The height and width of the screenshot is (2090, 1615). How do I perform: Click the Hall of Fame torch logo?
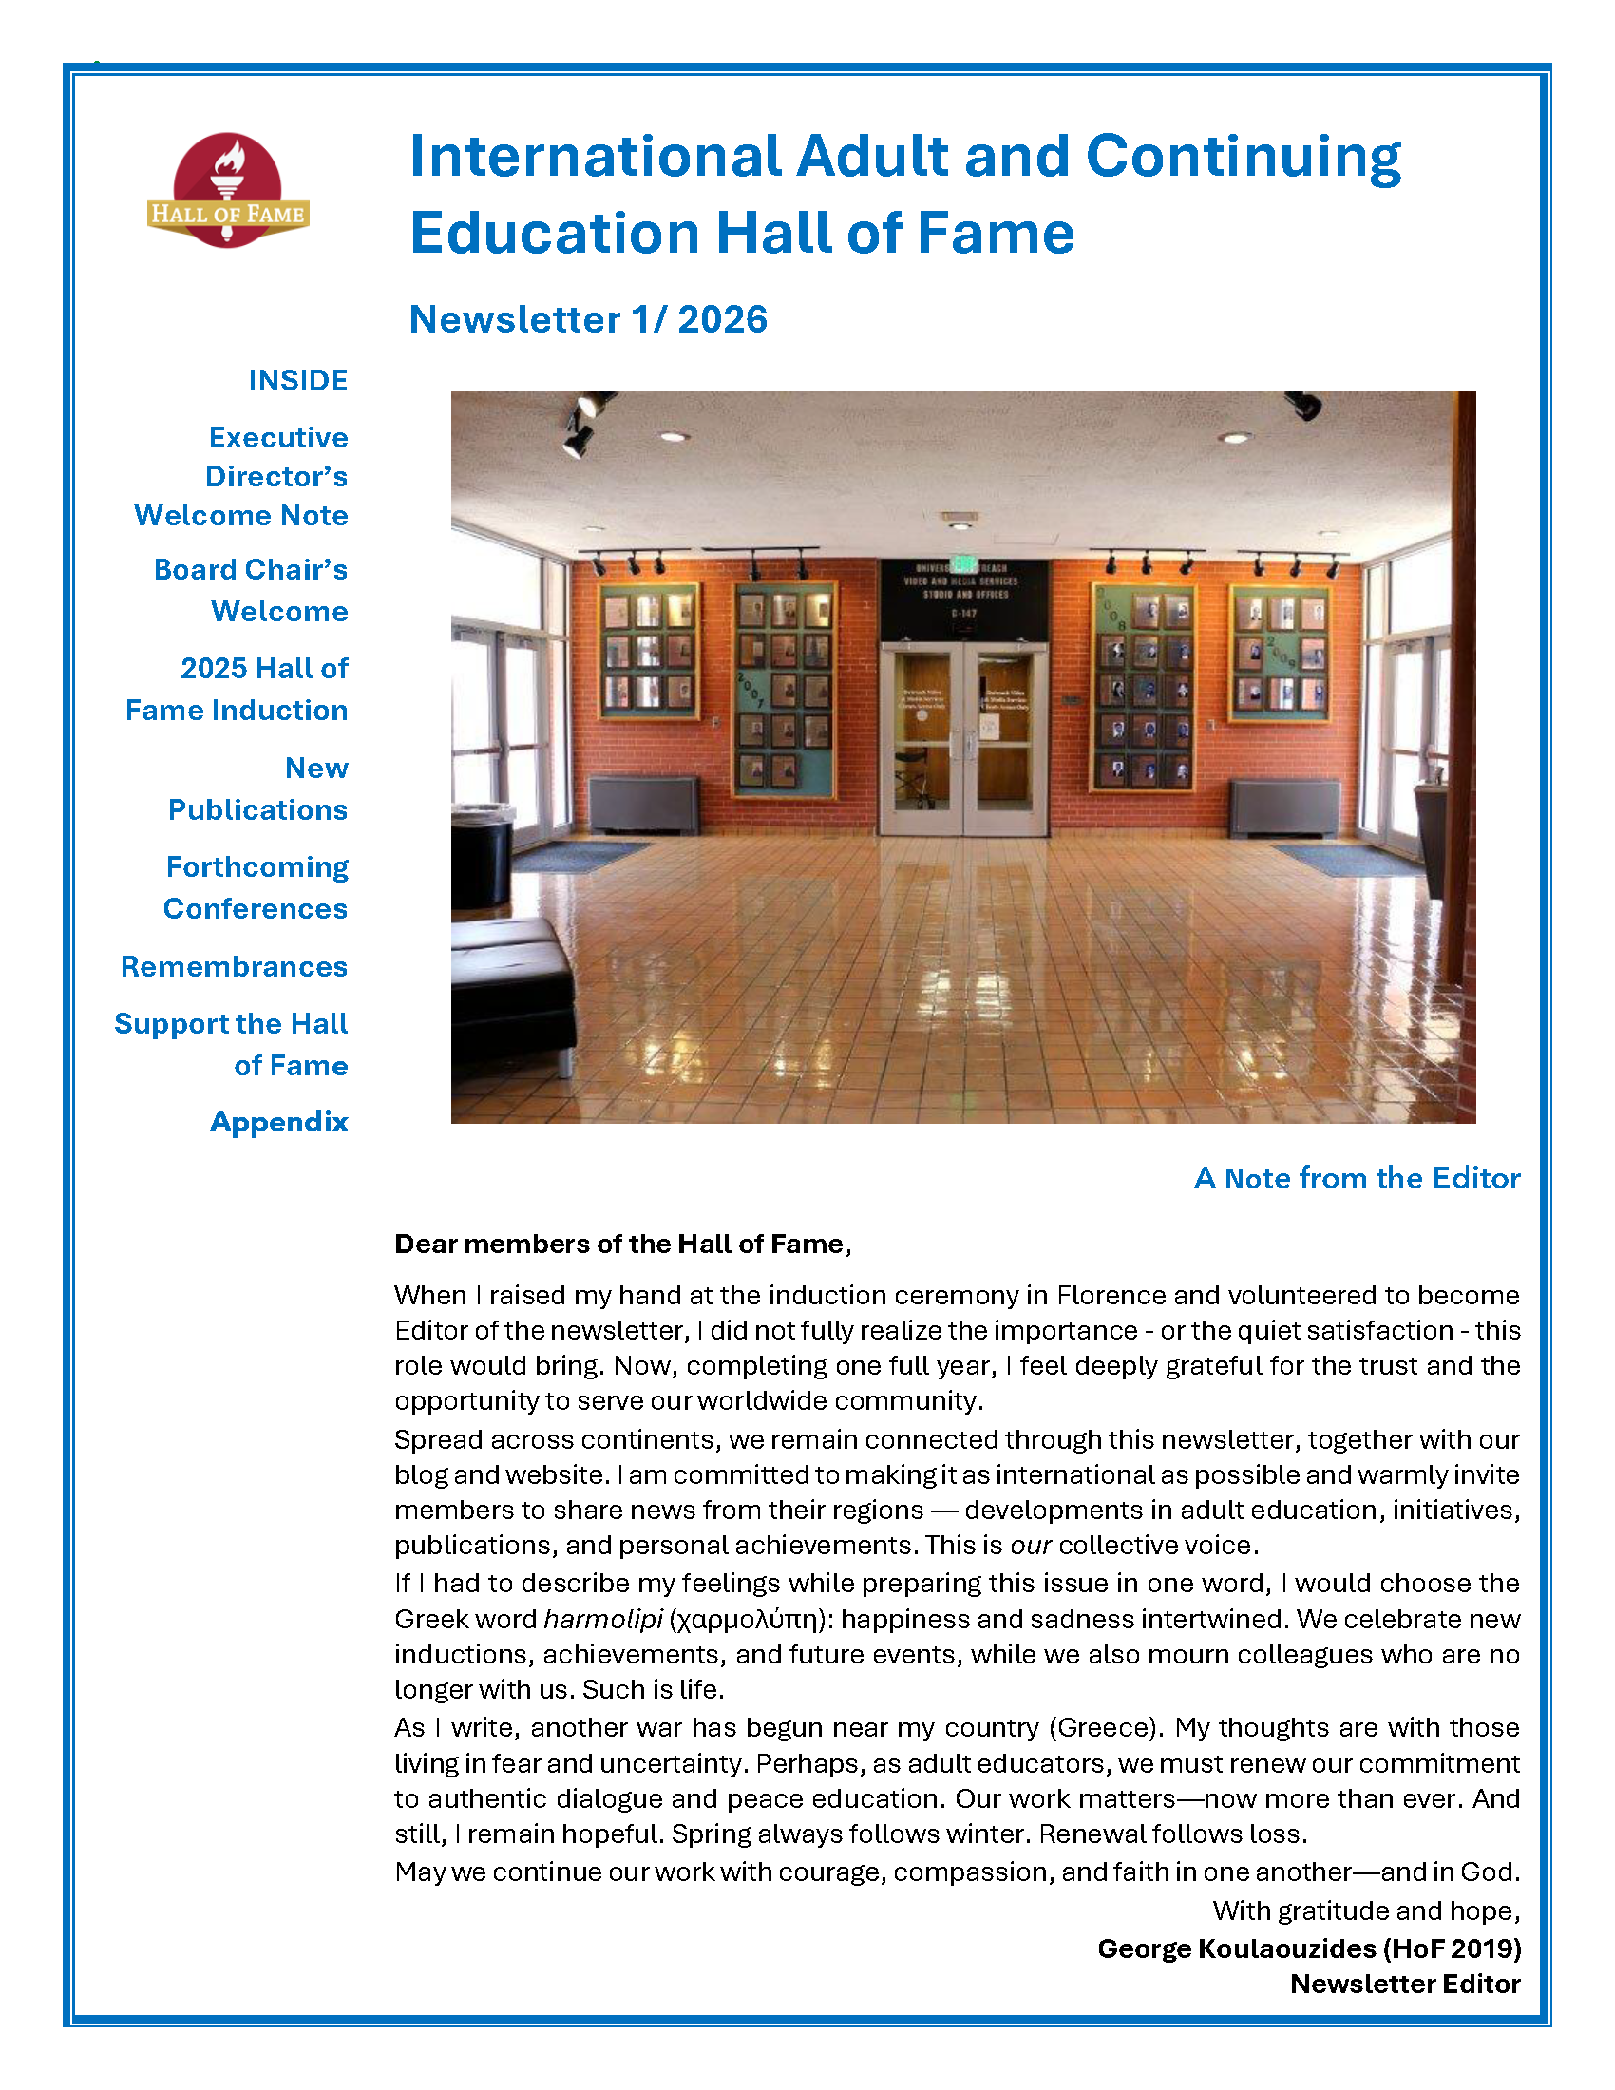pyautogui.click(x=228, y=190)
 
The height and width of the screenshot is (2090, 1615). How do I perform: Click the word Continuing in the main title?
pyautogui.click(x=1243, y=156)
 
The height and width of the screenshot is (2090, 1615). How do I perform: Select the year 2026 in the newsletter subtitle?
pyautogui.click(x=722, y=319)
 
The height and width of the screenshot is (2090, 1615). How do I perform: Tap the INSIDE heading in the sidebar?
pyautogui.click(x=297, y=380)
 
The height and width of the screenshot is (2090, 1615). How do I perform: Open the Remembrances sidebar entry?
pyautogui.click(x=235, y=966)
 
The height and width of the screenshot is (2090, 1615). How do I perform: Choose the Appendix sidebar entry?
pyautogui.click(x=278, y=1122)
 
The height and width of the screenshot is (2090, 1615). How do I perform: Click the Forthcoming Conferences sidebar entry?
pyautogui.click(x=256, y=887)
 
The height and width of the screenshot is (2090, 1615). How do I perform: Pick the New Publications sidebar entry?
pyautogui.click(x=258, y=788)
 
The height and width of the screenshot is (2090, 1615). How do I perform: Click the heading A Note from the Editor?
pyautogui.click(x=1357, y=1178)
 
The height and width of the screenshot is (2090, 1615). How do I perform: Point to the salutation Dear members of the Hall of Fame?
pyautogui.click(x=622, y=1244)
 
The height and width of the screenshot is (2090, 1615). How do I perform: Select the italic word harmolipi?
pyautogui.click(x=602, y=1619)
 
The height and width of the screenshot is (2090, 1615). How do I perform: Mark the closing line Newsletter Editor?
pyautogui.click(x=1404, y=1984)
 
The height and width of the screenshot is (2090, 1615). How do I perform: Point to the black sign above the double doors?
pyautogui.click(x=963, y=599)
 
